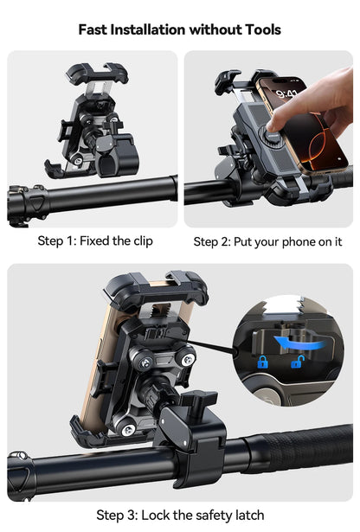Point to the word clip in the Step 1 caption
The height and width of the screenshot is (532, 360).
140,240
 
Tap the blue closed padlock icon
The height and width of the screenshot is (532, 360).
261,362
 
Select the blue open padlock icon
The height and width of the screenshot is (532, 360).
296,362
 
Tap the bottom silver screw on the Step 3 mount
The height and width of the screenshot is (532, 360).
127,430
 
